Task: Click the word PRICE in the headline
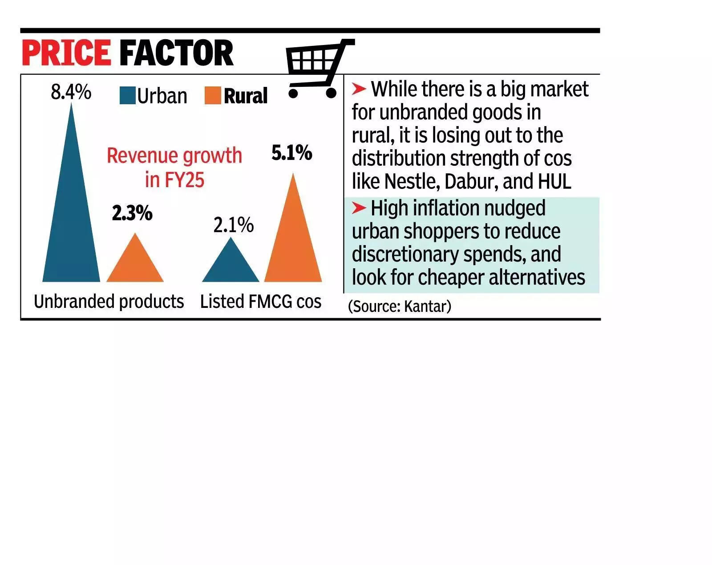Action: point(66,53)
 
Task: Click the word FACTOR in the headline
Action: point(176,53)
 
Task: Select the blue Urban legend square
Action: point(127,95)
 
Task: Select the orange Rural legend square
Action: point(213,95)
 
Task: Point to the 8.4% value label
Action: point(71,92)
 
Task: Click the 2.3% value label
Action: point(132,213)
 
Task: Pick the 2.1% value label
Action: point(233,225)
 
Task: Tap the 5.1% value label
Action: point(292,153)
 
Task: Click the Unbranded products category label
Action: point(109,302)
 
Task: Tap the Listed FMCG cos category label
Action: point(261,302)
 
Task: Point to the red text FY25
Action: point(184,180)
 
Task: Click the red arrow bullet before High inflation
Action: point(359,208)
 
